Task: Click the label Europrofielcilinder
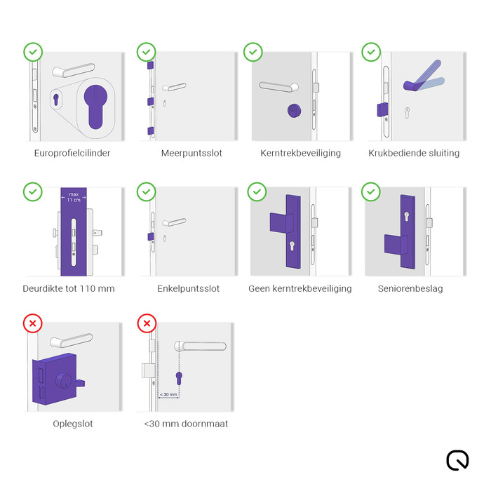pyautogui.click(x=72, y=153)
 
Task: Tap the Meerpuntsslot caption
pyautogui.click(x=191, y=153)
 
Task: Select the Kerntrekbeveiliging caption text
pyautogui.click(x=300, y=153)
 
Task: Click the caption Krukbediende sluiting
pyautogui.click(x=414, y=153)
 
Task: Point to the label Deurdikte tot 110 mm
pyautogui.click(x=69, y=288)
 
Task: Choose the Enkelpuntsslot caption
pyautogui.click(x=189, y=288)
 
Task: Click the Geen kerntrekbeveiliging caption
pyautogui.click(x=300, y=288)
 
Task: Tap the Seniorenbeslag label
pyautogui.click(x=410, y=288)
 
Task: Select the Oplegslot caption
pyautogui.click(x=73, y=424)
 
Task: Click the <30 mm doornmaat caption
pyautogui.click(x=186, y=424)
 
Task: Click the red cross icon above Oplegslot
pyautogui.click(x=33, y=323)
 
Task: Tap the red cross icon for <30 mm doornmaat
pyautogui.click(x=146, y=323)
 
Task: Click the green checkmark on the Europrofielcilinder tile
pyautogui.click(x=33, y=52)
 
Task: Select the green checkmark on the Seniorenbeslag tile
pyautogui.click(x=371, y=191)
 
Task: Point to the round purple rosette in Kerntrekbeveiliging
pyautogui.click(x=292, y=111)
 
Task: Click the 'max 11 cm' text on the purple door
pyautogui.click(x=74, y=197)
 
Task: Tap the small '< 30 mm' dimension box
pyautogui.click(x=168, y=394)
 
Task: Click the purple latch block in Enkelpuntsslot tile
pyautogui.click(x=149, y=236)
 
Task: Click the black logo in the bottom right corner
pyautogui.click(x=457, y=459)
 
